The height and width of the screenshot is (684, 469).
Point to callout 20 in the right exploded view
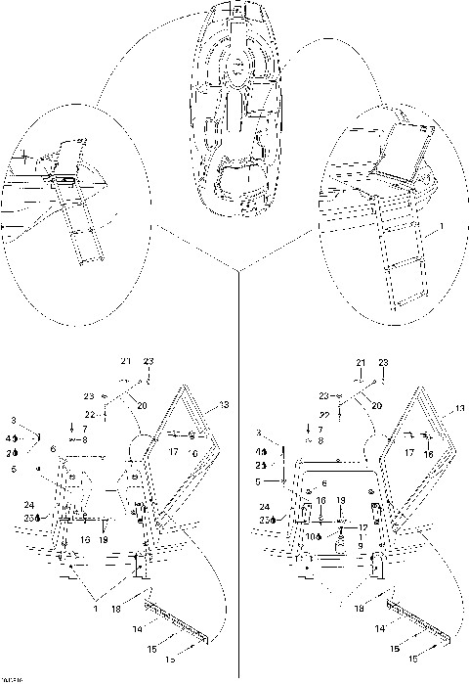(x=376, y=404)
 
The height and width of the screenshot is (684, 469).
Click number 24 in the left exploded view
(x=29, y=505)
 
